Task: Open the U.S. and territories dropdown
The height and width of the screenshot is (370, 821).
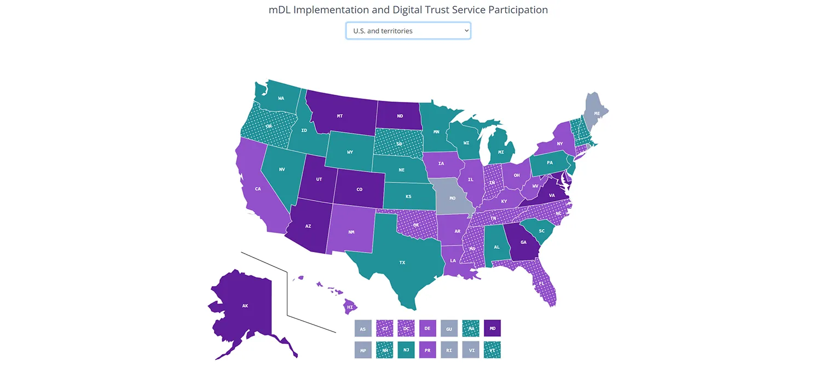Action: pyautogui.click(x=408, y=31)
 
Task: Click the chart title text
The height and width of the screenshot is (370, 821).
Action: pyautogui.click(x=408, y=10)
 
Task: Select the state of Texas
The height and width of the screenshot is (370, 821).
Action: pyautogui.click(x=402, y=262)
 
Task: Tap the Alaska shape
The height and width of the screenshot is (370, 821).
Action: pyautogui.click(x=245, y=305)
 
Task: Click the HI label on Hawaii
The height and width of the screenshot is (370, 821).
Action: pyautogui.click(x=350, y=308)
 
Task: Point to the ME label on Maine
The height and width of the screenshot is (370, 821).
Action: pyautogui.click(x=597, y=113)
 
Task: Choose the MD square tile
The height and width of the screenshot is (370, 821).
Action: pyautogui.click(x=493, y=328)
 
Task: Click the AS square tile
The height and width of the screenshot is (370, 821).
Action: pyautogui.click(x=363, y=328)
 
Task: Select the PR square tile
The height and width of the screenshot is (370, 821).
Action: pyautogui.click(x=427, y=350)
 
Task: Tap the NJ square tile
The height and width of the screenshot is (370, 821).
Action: pyautogui.click(x=406, y=350)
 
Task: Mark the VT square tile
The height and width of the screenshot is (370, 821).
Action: pyautogui.click(x=493, y=350)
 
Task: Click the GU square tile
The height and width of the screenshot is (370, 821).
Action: pyautogui.click(x=449, y=328)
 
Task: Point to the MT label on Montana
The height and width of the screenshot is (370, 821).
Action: pyautogui.click(x=340, y=116)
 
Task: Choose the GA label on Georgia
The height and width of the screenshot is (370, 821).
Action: pyautogui.click(x=523, y=242)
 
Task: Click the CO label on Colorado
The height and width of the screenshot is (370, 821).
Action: pyautogui.click(x=360, y=189)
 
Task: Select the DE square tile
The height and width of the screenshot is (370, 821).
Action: pyautogui.click(x=427, y=328)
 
